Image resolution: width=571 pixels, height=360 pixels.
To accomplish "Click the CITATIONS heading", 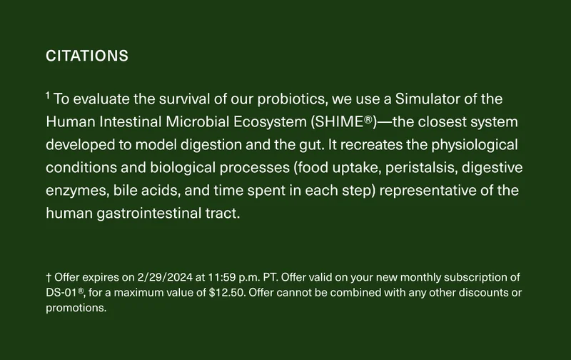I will coord(87,56).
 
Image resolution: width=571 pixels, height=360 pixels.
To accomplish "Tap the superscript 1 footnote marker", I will coord(48,95).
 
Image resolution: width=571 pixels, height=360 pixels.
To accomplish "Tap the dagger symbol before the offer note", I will coord(48,277).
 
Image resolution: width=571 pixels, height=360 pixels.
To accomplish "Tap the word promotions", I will coord(76,309).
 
